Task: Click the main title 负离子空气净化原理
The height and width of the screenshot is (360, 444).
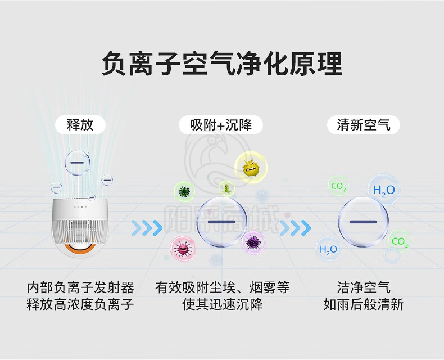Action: (222, 64)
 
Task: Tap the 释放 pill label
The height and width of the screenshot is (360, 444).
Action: (80, 125)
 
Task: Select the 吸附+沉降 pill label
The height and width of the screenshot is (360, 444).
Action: (221, 125)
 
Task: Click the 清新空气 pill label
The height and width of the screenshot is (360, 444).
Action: (364, 125)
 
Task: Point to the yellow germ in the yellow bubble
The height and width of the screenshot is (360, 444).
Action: (251, 168)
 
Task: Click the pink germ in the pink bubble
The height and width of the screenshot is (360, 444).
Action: (183, 248)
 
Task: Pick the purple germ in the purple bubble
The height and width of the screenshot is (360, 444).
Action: (253, 242)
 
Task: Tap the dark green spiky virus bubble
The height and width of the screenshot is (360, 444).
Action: (184, 192)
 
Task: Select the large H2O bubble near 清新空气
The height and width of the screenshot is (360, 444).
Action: (384, 190)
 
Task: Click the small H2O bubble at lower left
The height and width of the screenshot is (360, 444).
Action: (328, 249)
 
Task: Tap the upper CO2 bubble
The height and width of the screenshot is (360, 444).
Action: (338, 186)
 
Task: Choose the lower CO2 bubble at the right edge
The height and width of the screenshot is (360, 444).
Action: (400, 241)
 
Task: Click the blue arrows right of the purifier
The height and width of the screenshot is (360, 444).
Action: (147, 228)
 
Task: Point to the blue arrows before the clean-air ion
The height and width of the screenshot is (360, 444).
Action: (295, 228)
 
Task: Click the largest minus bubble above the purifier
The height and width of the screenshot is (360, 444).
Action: (77, 163)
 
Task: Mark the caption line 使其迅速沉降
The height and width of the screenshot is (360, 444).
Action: (223, 304)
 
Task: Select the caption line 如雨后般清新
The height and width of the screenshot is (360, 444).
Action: (364, 304)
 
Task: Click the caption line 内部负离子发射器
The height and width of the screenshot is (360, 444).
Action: (80, 287)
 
